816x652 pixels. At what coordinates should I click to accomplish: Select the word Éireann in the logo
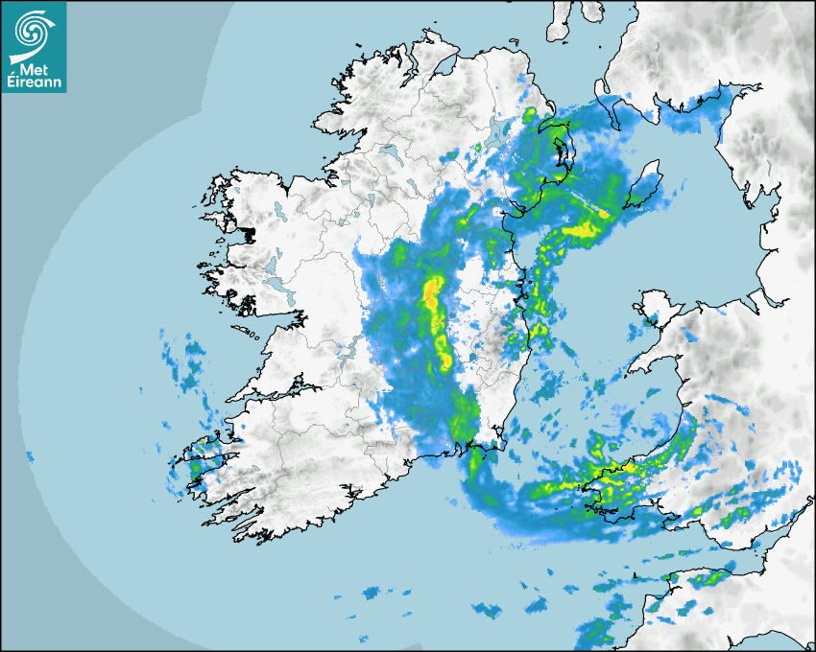coord(34,83)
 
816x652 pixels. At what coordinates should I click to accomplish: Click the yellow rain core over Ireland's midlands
coord(434,292)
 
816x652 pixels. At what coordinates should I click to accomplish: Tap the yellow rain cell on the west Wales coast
coord(615,470)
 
